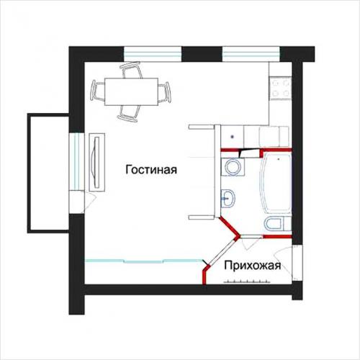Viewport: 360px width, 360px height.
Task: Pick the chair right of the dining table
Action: (165, 91)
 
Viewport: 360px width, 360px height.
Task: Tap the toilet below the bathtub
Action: (275, 225)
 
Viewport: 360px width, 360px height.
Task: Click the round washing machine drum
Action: (230, 167)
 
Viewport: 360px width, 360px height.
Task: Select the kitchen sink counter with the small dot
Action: (230, 135)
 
